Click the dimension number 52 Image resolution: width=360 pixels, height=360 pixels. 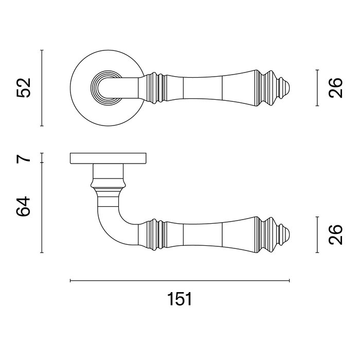(24, 88)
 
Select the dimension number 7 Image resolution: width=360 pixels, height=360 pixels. (24, 157)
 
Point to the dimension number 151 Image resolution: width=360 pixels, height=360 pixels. (179, 299)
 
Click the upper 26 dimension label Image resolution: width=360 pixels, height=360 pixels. (335, 88)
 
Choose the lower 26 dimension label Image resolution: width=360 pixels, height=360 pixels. (335, 235)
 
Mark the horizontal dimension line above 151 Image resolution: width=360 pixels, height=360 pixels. (179, 281)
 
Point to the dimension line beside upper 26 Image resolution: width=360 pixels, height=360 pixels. (317, 88)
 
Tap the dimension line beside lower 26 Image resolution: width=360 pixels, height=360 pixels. (317, 235)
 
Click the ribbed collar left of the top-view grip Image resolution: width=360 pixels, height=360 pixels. (154, 88)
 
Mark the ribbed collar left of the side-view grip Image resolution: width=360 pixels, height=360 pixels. (154, 235)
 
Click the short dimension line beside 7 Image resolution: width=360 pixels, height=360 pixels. (42, 157)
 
